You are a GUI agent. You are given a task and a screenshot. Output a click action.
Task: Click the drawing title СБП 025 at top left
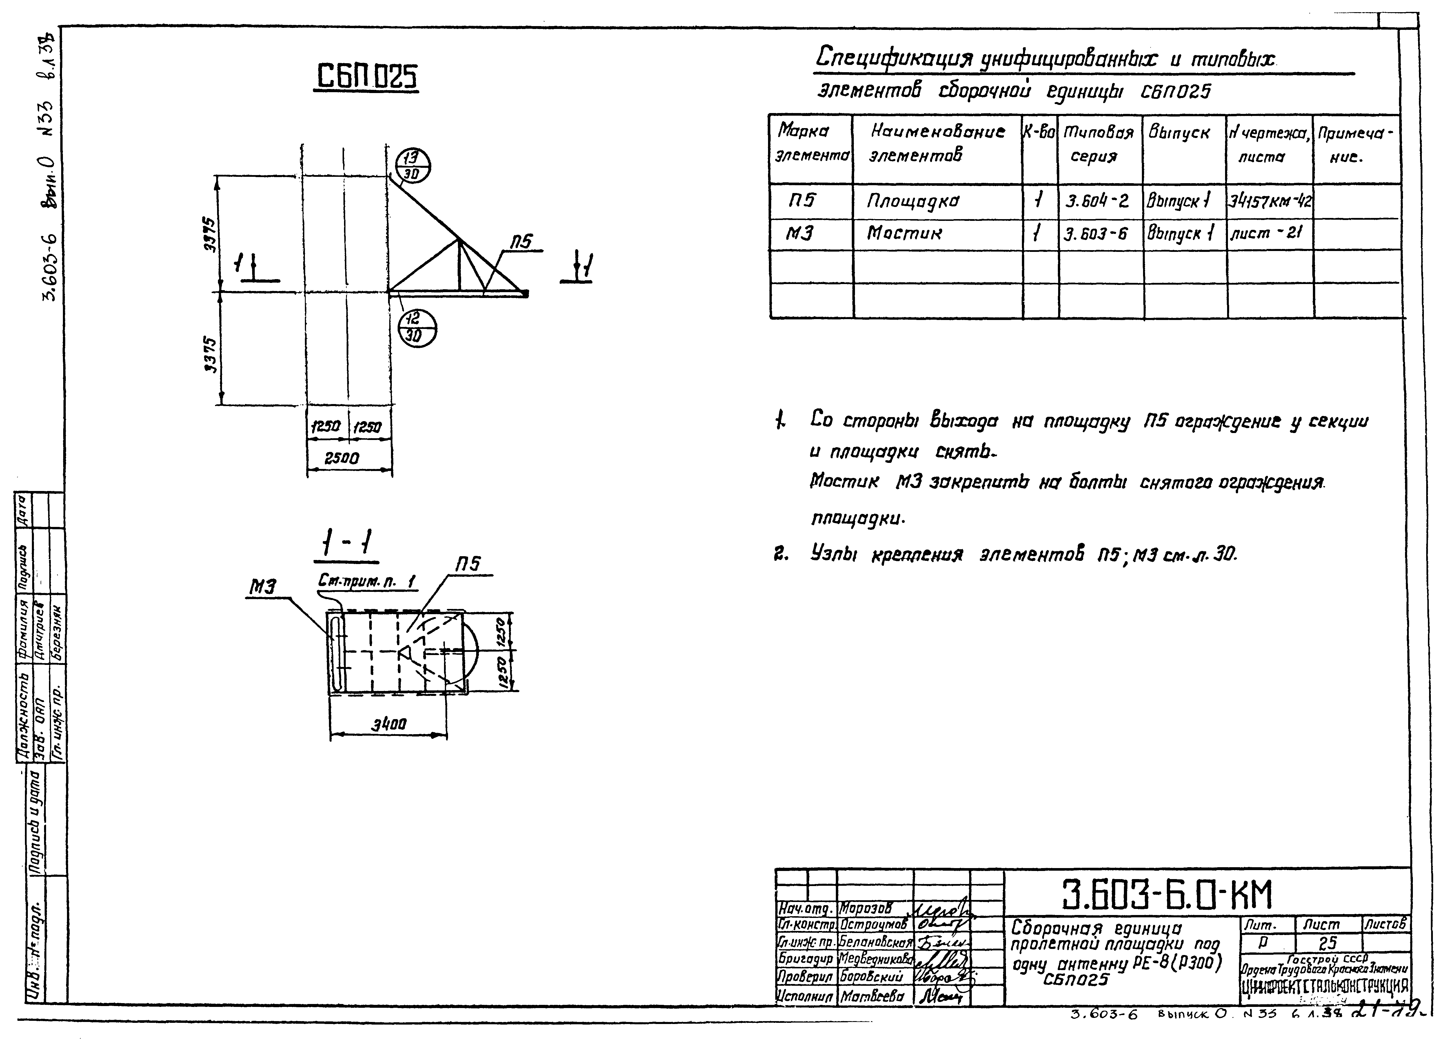(x=367, y=78)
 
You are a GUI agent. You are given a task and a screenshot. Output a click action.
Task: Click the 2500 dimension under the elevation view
(x=342, y=458)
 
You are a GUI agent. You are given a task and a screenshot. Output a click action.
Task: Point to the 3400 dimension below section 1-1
(x=389, y=724)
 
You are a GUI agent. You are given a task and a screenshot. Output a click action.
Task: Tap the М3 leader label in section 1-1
(x=261, y=588)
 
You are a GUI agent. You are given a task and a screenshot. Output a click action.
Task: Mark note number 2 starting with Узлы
(x=1005, y=555)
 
